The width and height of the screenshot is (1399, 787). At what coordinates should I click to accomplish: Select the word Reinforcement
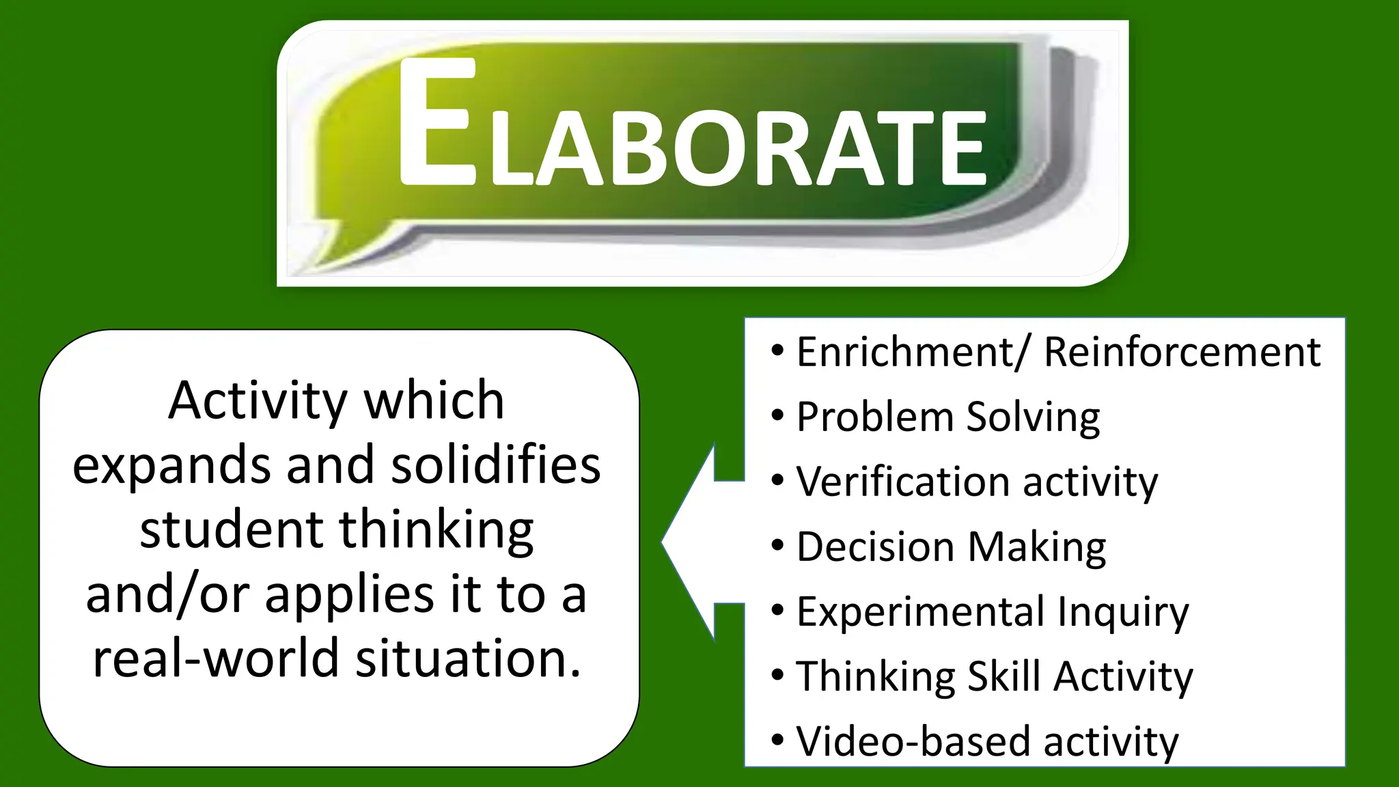coord(1182,353)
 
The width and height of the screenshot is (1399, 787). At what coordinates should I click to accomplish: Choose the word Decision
coord(875,547)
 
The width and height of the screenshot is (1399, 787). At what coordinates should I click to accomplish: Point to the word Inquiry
coord(1123,612)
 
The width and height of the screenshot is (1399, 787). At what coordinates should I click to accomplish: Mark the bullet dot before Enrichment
coord(777,351)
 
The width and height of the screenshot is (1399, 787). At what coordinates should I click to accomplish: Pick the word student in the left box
coord(231,530)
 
